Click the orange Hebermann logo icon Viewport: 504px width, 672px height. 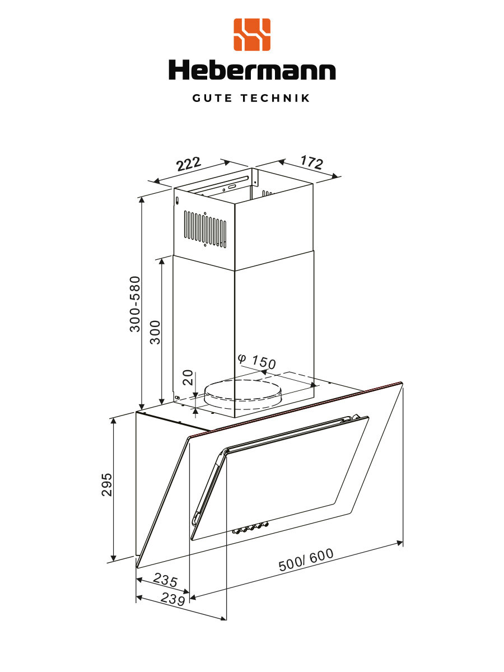251,34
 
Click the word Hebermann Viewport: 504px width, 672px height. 252,71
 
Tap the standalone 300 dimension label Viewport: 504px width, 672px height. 156,332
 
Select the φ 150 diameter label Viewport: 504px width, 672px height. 256,361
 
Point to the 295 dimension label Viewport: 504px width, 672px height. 107,484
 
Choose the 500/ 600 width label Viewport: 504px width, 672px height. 306,560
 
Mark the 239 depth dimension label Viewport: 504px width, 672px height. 172,599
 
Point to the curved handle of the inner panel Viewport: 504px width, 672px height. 207,487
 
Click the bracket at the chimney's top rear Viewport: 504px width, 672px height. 254,176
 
